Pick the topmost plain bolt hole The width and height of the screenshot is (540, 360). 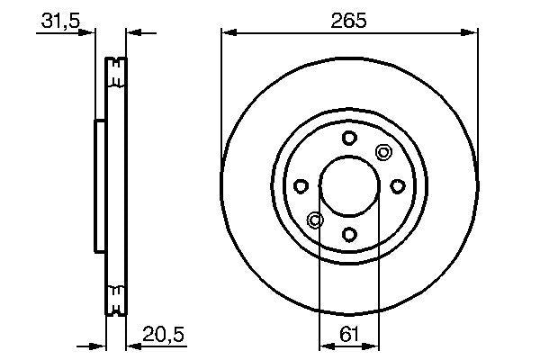pos(349,137)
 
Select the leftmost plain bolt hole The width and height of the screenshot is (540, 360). pos(301,185)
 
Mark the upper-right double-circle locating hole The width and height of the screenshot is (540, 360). pos(383,151)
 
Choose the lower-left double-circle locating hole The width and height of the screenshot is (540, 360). pos(315,220)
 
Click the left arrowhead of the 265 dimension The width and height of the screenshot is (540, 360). pos(228,33)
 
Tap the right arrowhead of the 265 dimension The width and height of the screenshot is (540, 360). pos(471,33)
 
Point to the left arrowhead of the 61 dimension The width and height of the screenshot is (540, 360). pos(325,345)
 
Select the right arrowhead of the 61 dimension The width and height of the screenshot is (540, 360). pos(373,345)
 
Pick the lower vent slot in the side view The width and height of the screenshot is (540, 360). pos(116,298)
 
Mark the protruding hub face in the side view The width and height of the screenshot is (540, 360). pos(97,185)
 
